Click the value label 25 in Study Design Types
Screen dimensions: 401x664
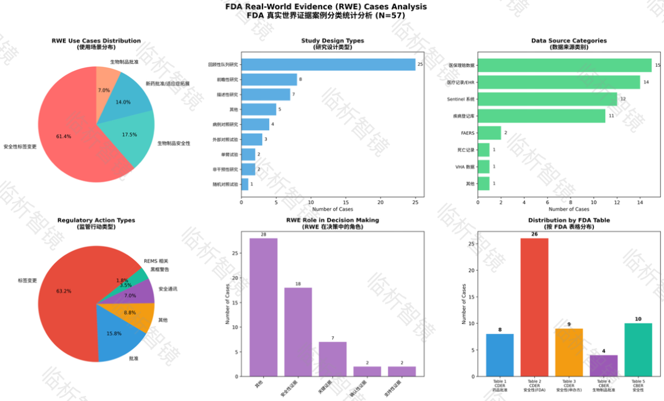(420, 65)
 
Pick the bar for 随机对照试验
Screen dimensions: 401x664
(244, 184)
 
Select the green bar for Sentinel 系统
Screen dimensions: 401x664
(547, 99)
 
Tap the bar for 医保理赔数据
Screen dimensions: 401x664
(564, 65)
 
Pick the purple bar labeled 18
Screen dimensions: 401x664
(298, 332)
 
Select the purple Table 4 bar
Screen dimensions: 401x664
(603, 365)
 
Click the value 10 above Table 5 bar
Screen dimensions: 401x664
(638, 319)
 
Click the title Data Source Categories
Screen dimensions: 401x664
(569, 41)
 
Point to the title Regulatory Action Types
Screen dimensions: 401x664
(96, 220)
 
